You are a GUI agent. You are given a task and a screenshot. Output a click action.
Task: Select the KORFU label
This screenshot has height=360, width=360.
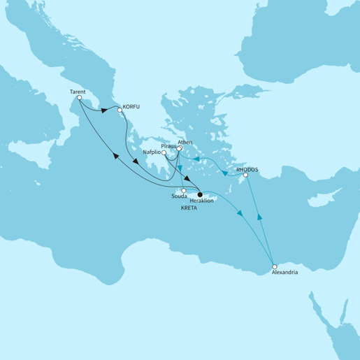132,108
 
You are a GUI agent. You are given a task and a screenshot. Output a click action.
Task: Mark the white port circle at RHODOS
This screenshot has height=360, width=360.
245,175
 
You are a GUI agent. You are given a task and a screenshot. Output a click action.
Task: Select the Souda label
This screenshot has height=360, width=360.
180,198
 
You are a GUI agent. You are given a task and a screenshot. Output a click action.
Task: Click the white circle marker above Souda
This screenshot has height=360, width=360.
184,191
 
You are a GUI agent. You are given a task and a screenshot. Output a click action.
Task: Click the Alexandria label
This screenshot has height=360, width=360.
285,273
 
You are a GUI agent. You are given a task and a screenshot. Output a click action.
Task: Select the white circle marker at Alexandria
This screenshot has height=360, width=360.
275,266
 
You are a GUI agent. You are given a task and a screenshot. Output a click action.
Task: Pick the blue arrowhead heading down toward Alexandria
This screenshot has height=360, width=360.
241,214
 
